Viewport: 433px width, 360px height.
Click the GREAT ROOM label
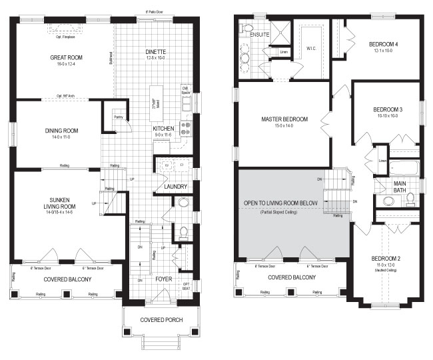(x=65, y=58)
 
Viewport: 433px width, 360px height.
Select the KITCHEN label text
(x=164, y=128)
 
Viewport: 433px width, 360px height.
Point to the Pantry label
(x=118, y=117)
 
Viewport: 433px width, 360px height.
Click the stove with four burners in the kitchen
(x=187, y=125)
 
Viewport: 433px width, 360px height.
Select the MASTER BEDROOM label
(x=284, y=119)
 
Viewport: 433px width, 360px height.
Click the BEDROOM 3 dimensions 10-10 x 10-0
(x=386, y=115)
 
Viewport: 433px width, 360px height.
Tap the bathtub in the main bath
(x=404, y=167)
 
